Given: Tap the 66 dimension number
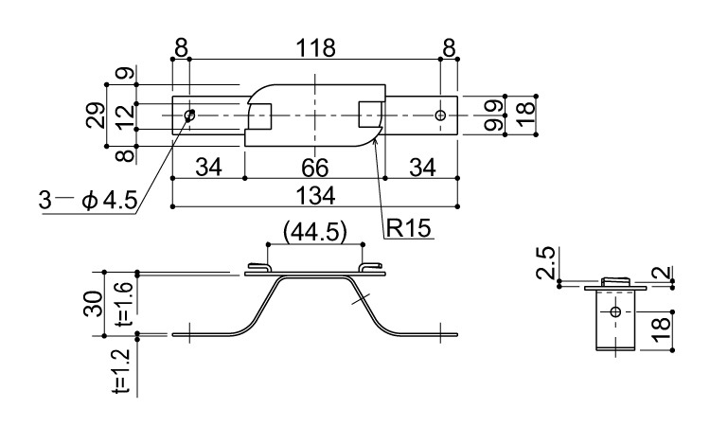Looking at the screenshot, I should click(x=314, y=169).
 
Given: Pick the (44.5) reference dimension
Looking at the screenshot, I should click(x=314, y=230).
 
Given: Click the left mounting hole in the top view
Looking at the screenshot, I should click(x=190, y=115).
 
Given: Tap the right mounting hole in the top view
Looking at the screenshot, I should click(x=439, y=115).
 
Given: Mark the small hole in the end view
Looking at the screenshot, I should click(x=615, y=311).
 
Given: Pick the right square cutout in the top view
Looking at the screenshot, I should click(x=371, y=115).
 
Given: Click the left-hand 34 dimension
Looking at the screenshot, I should click(x=209, y=169).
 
